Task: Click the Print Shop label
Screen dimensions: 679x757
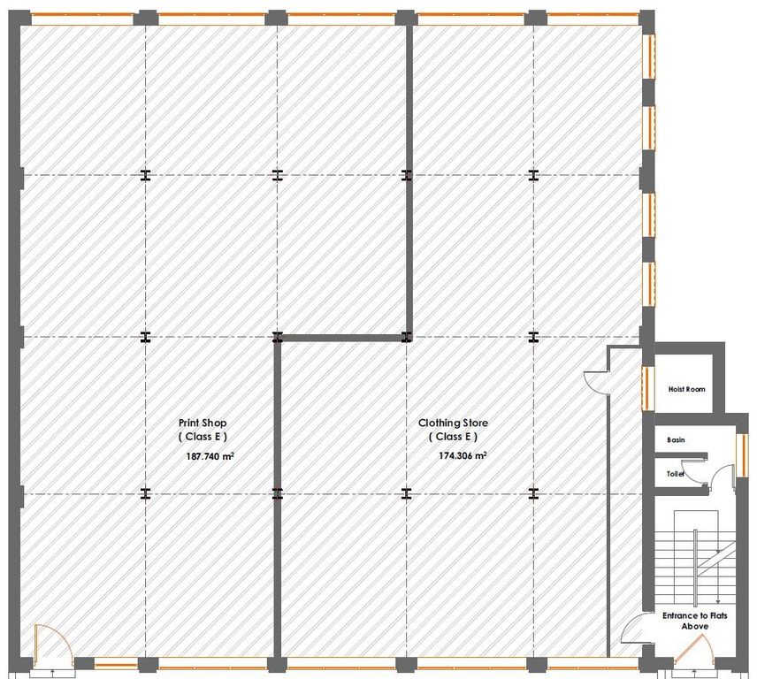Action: pos(203,423)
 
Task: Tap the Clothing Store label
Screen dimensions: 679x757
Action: pos(454,423)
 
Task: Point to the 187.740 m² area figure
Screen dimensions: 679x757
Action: pos(210,457)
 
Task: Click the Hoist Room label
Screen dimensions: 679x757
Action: pos(686,389)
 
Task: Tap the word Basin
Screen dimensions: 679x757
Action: pos(676,439)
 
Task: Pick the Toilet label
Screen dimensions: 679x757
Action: pos(676,474)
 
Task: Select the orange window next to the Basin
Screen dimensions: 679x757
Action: pos(739,450)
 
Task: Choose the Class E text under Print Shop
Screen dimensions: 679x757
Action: pos(203,437)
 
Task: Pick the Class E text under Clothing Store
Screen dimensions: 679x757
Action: pos(454,437)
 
